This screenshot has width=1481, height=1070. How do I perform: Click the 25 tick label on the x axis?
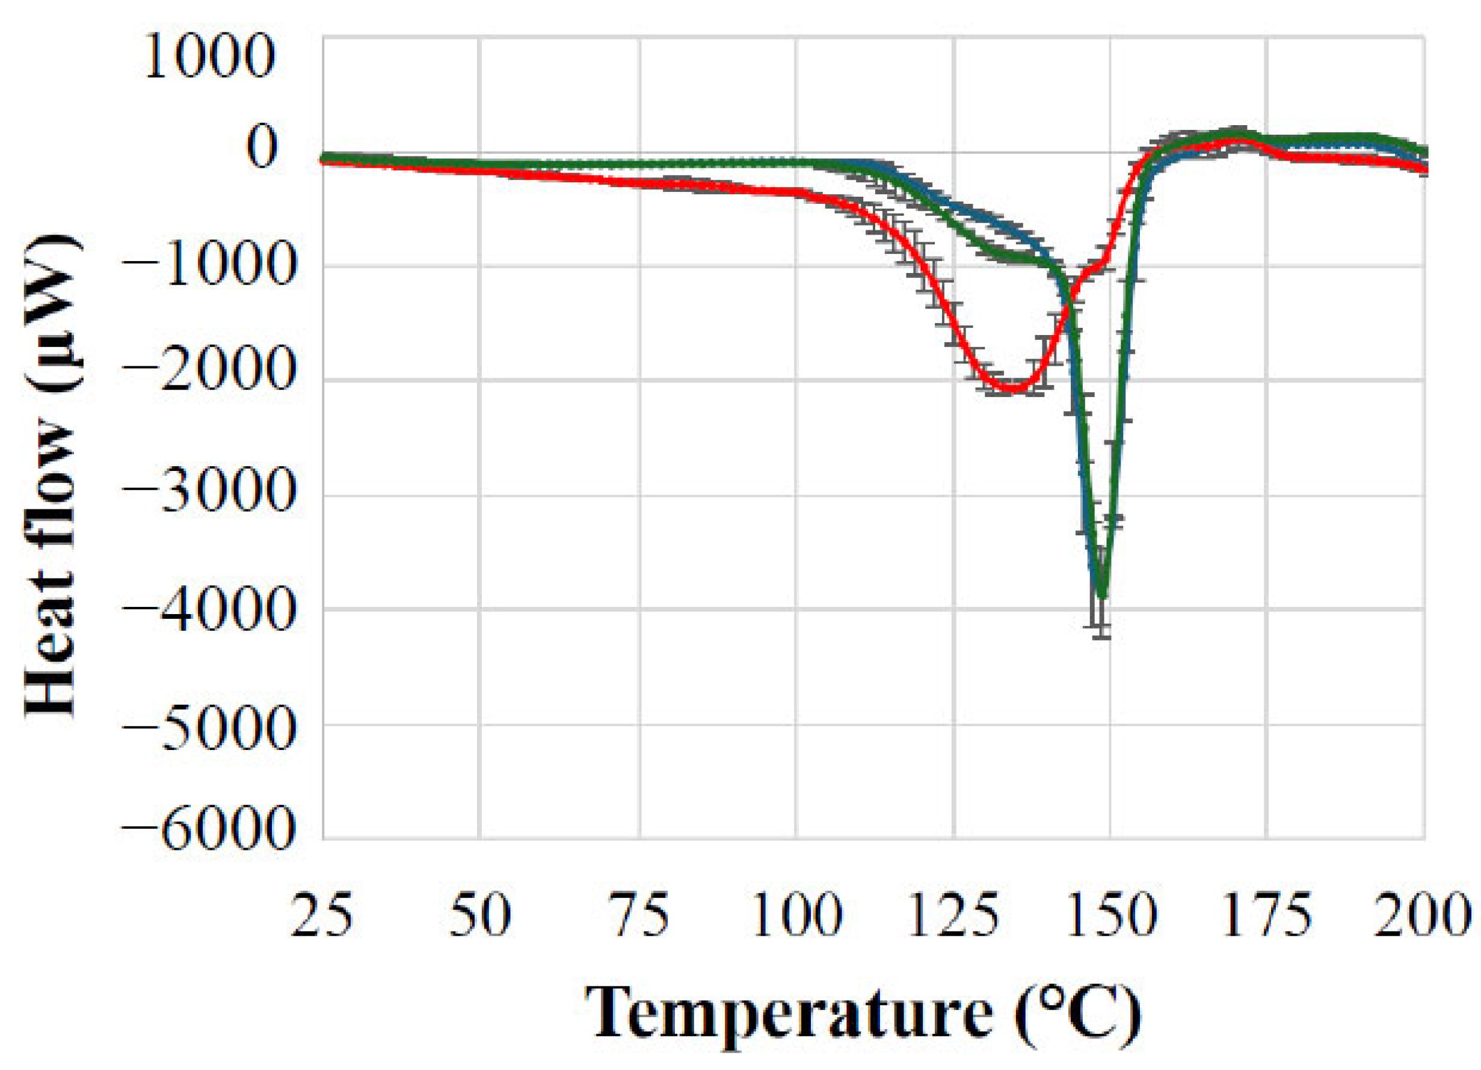tap(322, 917)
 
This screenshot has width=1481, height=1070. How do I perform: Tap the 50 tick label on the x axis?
tap(480, 917)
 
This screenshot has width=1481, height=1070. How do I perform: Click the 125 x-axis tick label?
tap(953, 917)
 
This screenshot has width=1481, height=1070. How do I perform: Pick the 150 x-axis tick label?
tap(1110, 917)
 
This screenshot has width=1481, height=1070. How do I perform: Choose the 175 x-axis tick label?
tap(1267, 917)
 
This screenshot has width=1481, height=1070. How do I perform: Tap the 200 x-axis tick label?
tap(1423, 917)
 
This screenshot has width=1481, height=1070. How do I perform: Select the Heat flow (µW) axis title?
tap(52, 476)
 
